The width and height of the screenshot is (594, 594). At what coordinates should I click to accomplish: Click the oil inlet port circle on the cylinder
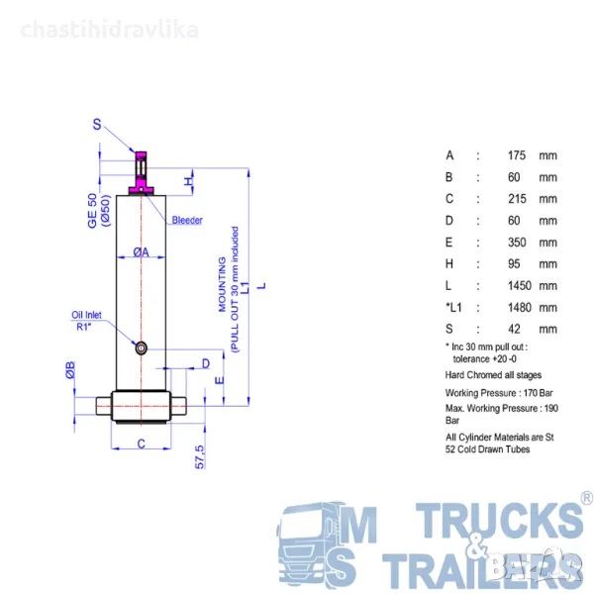point(141,347)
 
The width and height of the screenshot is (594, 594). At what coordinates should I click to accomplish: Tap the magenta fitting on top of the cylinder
point(141,173)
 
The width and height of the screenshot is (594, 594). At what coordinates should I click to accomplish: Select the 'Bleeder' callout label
point(187,220)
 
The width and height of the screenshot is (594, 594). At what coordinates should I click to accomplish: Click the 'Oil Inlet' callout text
point(86,315)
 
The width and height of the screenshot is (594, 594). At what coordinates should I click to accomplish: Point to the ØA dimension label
point(141,251)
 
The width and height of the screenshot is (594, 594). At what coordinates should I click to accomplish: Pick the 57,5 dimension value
point(199,456)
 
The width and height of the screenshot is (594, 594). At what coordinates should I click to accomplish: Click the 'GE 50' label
point(92,211)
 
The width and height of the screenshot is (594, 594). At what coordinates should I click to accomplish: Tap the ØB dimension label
point(70,370)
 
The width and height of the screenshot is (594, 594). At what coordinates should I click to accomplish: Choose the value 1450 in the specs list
point(520,286)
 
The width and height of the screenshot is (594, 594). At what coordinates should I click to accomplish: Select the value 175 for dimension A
point(517,155)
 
